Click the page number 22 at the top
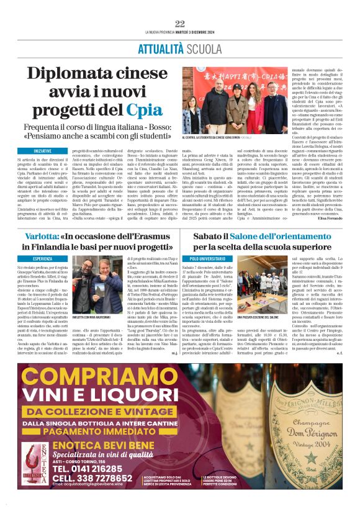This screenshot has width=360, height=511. (x=180, y=24)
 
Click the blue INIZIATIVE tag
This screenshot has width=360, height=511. (x=43, y=151)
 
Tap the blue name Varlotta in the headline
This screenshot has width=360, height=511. (x=42, y=236)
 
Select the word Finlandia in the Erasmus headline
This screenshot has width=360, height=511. (x=67, y=247)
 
